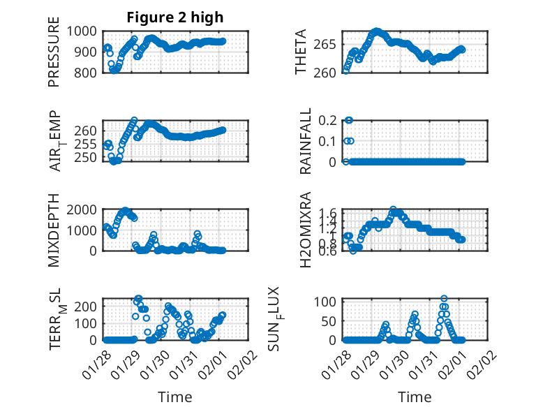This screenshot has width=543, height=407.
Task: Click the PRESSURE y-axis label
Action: [54, 57]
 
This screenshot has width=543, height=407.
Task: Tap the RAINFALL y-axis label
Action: [306, 142]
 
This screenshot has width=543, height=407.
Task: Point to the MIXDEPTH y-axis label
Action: [54, 231]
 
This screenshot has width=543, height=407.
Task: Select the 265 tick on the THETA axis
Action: [327, 45]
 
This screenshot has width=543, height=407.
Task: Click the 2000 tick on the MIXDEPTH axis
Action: [84, 209]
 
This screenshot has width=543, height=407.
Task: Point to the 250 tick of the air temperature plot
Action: [89, 157]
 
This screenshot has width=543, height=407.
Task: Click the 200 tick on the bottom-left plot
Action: [89, 306]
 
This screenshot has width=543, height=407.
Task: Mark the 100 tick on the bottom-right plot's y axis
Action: [328, 302]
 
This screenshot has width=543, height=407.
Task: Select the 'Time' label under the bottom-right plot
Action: [415, 397]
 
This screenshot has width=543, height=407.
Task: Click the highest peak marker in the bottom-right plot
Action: [445, 299]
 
